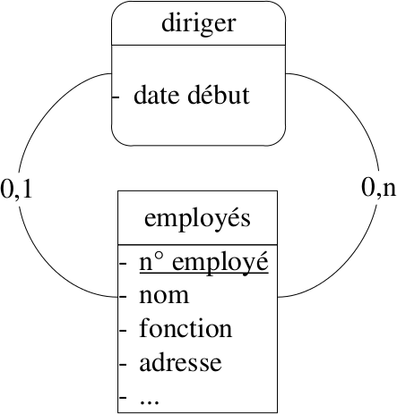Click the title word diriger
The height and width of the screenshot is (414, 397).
(x=199, y=24)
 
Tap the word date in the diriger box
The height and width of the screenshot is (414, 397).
(x=158, y=95)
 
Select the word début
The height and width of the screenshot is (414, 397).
(x=219, y=94)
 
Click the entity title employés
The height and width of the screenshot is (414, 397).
(x=197, y=219)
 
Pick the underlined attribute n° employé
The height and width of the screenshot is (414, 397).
(x=203, y=263)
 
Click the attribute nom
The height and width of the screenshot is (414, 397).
(x=164, y=296)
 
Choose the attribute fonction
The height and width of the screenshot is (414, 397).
(x=186, y=328)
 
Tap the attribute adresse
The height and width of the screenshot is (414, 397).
(x=180, y=362)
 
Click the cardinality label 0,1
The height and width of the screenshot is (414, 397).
(x=16, y=190)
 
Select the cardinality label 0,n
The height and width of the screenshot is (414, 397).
(x=378, y=189)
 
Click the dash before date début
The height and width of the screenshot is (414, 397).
(x=116, y=97)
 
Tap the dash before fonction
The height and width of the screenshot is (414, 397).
(x=123, y=330)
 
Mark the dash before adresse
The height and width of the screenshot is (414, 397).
(x=123, y=364)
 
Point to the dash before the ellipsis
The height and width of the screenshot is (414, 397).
(x=123, y=397)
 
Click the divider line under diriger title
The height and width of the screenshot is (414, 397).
(x=199, y=46)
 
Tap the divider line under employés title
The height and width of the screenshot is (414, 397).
(x=197, y=245)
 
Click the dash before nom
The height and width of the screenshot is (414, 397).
(x=123, y=297)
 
